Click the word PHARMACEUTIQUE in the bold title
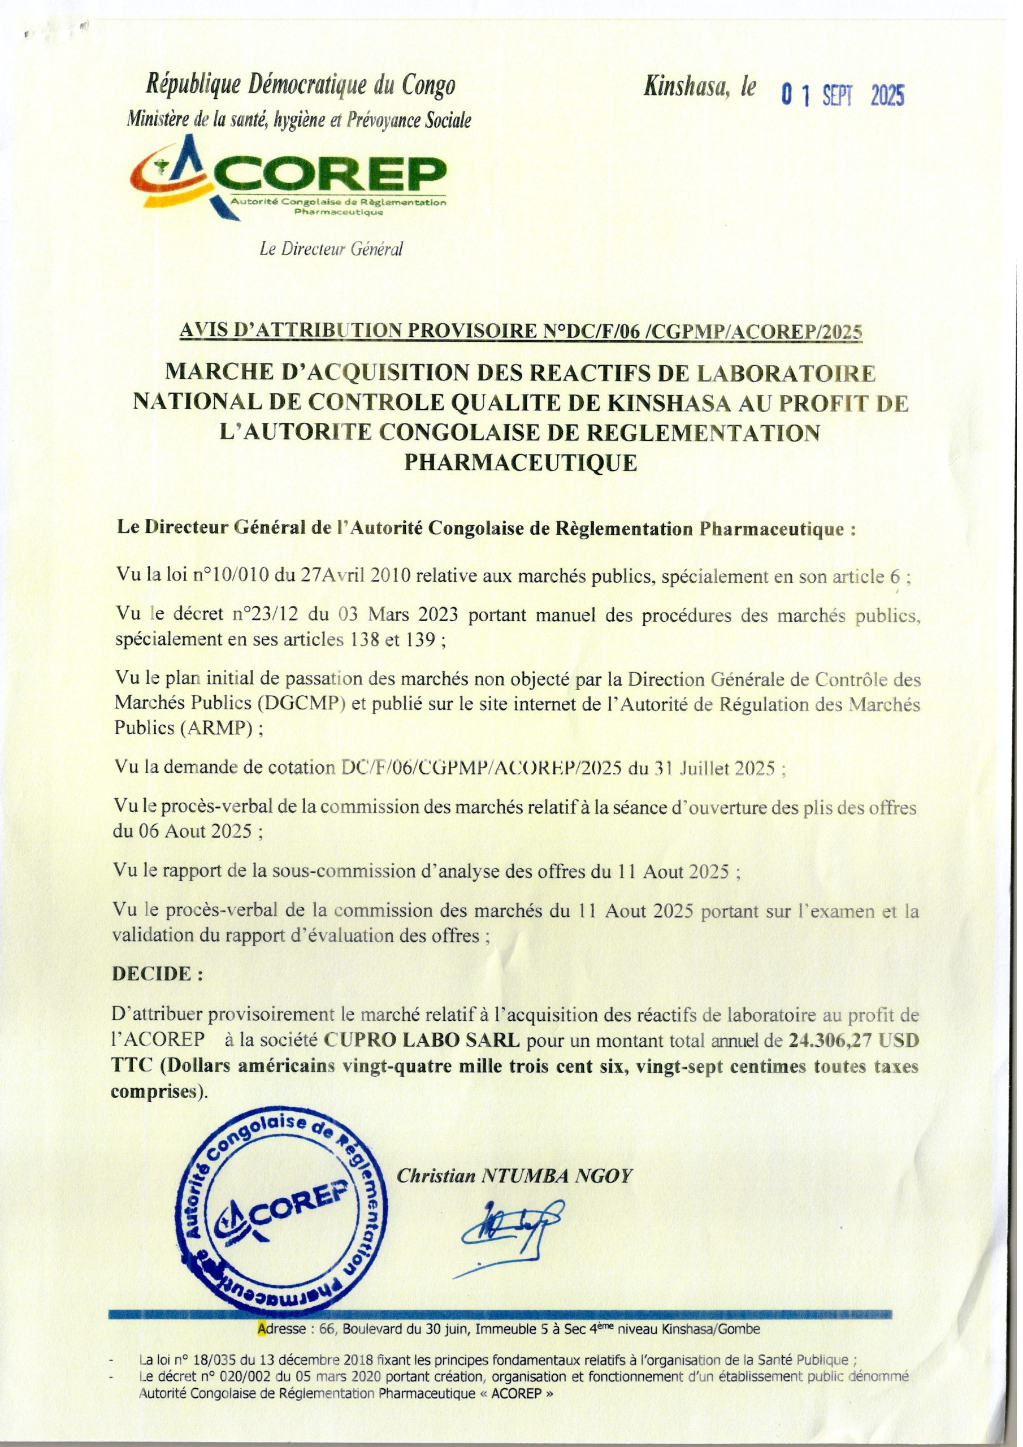click(x=520, y=463)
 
